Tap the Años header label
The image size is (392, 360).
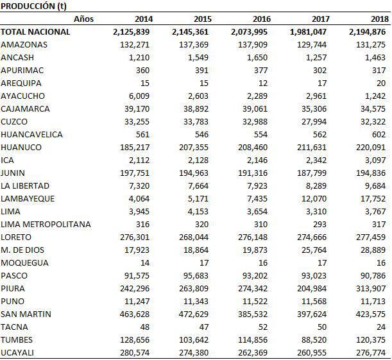coord(83,19)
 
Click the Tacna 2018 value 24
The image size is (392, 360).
coord(380,327)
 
